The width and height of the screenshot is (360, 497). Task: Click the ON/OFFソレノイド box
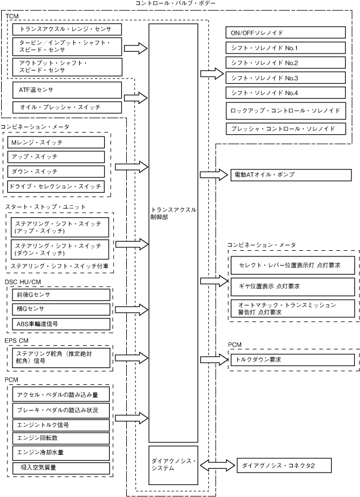tap(285, 32)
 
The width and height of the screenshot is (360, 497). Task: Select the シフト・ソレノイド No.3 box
tap(285, 77)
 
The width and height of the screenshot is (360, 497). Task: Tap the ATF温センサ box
tap(67, 89)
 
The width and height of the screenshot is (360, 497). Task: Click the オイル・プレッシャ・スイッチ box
tap(67, 107)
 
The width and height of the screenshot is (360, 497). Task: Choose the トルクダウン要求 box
tap(291, 360)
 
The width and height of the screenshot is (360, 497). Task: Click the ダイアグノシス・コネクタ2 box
tap(284, 465)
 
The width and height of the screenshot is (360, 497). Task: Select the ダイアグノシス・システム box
tap(173, 465)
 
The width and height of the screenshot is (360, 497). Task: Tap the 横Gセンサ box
tap(61, 309)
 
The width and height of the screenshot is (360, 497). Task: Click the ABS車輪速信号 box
tap(61, 324)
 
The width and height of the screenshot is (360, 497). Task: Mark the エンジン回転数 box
tap(61, 438)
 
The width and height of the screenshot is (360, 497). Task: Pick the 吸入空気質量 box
tap(61, 467)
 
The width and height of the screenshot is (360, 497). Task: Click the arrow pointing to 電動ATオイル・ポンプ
tap(213, 175)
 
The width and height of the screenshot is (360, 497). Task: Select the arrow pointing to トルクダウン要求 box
tap(213, 359)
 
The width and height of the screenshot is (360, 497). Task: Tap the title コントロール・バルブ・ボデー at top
tap(176, 3)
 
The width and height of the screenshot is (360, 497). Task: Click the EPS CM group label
tap(18, 340)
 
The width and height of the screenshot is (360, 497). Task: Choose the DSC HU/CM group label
tap(23, 282)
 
